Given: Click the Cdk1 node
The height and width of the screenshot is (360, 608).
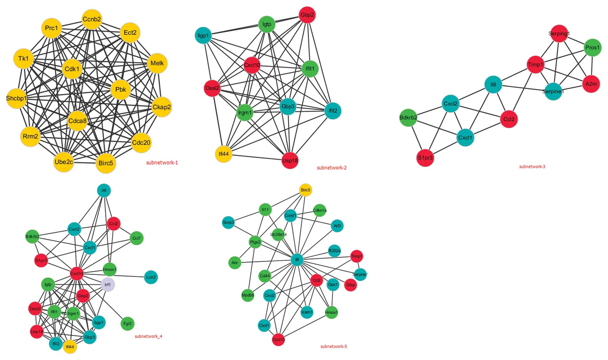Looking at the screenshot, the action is click(x=72, y=69).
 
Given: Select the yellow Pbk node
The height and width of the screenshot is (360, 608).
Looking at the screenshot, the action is click(x=121, y=90).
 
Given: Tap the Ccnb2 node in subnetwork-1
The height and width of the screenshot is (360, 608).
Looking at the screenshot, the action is click(x=92, y=19).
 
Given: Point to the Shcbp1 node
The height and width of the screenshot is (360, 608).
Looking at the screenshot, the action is click(x=16, y=98).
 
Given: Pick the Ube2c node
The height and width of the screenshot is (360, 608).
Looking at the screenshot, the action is click(x=64, y=162).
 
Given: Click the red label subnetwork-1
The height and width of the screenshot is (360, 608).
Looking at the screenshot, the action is click(x=162, y=163).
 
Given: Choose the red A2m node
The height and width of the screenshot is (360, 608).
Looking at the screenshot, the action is click(x=591, y=84).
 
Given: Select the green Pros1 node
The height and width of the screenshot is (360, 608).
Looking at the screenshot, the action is click(x=592, y=48).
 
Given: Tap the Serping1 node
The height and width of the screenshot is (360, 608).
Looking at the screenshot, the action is click(x=559, y=34).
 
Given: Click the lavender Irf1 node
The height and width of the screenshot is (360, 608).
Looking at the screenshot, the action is click(x=108, y=285).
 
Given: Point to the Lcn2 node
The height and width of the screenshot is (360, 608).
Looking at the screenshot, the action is click(x=151, y=277).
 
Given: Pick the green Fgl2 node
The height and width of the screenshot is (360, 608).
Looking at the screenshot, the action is click(x=128, y=324).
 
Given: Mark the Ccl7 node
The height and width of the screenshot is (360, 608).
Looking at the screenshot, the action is click(x=137, y=238).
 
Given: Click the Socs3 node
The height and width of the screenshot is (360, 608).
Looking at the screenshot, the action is click(x=228, y=222).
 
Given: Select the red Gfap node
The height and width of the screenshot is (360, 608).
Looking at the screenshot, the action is click(x=350, y=285).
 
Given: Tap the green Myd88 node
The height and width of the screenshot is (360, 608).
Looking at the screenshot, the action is click(x=248, y=295).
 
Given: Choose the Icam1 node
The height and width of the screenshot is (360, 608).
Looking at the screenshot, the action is click(x=307, y=312).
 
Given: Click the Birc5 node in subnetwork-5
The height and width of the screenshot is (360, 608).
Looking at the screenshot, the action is click(x=305, y=190).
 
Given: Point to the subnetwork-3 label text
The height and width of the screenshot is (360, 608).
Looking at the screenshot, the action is click(x=532, y=166).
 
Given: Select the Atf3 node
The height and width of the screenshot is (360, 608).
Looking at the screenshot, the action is click(x=337, y=226).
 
